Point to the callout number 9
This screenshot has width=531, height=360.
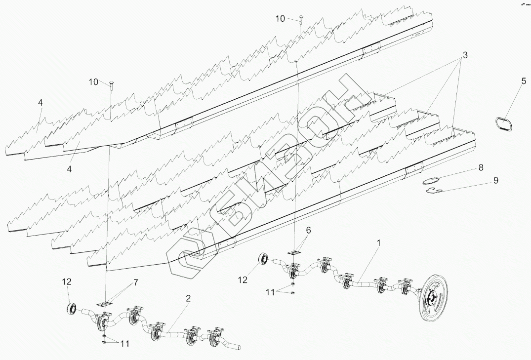pos(495,181)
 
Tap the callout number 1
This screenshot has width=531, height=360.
pos(379,242)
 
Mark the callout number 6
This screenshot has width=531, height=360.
pos(308,230)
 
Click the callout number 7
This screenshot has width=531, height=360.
pos(135,282)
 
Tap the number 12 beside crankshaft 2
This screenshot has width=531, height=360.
pos(67,281)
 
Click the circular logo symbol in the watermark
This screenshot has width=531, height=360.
pos(190,258)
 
